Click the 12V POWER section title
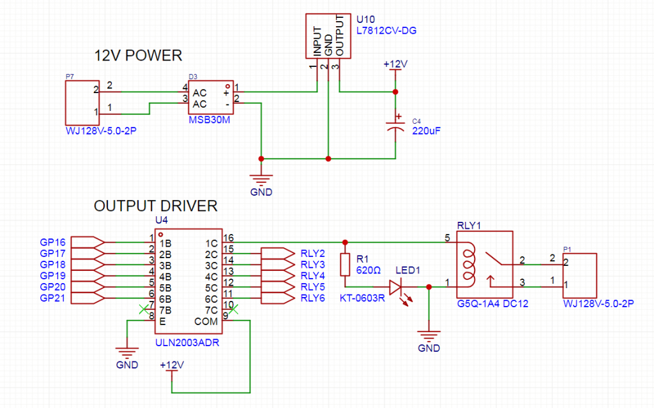point(138,55)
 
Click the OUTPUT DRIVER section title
point(156,207)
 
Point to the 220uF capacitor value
point(426,131)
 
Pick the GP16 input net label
point(52,243)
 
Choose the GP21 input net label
point(52,298)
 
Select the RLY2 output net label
point(313,252)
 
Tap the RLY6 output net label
point(313,298)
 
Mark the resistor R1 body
point(346,264)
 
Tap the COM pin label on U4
point(206,321)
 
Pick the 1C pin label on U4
point(213,243)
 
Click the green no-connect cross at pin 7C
point(234,310)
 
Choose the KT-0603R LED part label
point(362,297)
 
